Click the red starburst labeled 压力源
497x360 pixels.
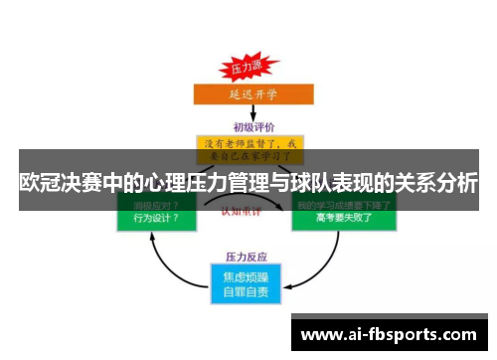245,69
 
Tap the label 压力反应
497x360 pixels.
249,255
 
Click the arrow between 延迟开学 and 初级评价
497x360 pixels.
249,113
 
